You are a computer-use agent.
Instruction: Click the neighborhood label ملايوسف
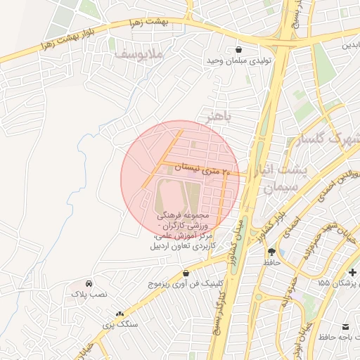(139, 53)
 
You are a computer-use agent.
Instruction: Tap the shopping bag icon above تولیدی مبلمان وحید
(240, 50)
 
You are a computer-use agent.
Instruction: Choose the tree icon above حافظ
(271, 251)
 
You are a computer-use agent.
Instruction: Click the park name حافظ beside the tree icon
(271, 262)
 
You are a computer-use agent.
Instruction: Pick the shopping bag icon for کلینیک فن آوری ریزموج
(186, 272)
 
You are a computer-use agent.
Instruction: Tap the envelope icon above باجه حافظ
(345, 327)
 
